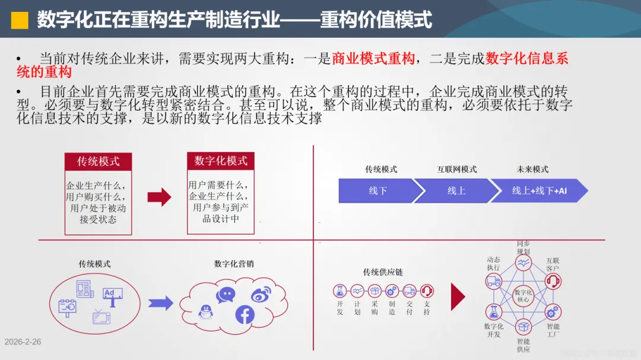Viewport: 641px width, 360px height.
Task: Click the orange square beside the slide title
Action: [x=20, y=20]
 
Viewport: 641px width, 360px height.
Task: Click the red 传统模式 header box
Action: [x=98, y=161]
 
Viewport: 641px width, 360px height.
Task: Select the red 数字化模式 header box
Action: [x=221, y=161]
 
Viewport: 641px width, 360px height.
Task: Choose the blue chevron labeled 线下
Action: [x=377, y=191]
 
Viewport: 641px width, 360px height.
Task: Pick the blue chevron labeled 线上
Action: [x=456, y=191]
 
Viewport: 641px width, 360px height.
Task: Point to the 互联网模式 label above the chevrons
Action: [x=457, y=170]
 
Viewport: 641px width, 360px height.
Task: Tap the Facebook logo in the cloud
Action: [x=245, y=314]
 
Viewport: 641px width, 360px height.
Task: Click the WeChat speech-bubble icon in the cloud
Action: [x=226, y=294]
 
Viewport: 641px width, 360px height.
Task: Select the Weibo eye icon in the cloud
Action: [x=261, y=294]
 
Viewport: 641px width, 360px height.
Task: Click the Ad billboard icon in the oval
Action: [x=112, y=293]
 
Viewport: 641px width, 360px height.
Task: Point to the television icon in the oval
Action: [x=101, y=316]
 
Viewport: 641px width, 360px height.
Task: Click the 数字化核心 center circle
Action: [x=523, y=295]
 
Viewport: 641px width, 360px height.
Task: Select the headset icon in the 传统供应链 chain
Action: [x=426, y=291]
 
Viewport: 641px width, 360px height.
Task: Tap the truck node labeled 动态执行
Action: [x=494, y=281]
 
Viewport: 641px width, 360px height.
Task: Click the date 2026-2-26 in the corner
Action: [x=23, y=342]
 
